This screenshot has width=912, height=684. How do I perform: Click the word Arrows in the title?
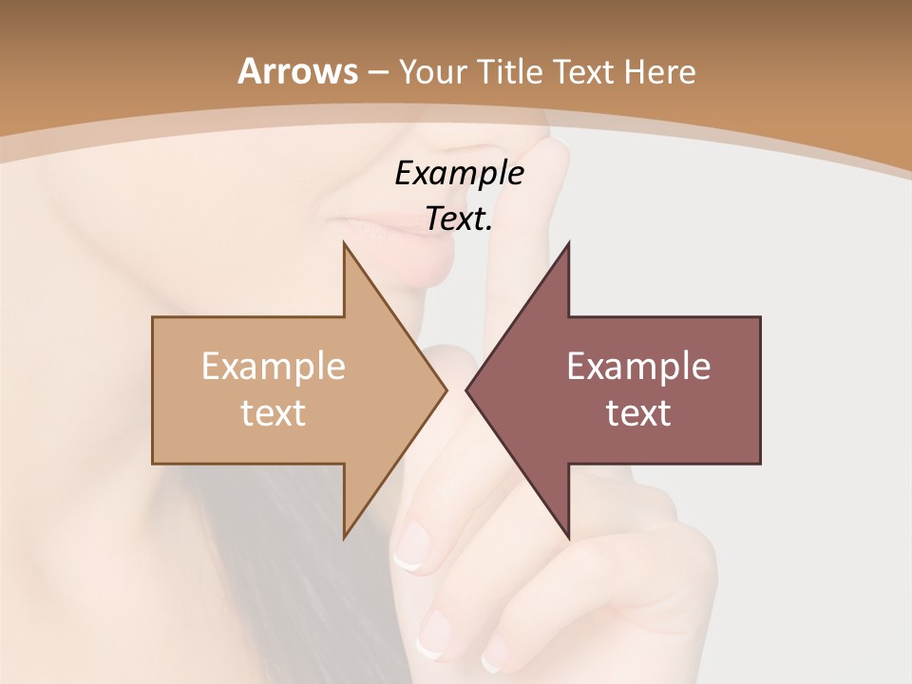tap(297, 71)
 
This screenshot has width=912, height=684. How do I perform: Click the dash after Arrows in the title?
tap(377, 73)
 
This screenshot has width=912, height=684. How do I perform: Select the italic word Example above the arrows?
tap(459, 174)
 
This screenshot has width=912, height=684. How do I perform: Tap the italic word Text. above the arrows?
tap(459, 219)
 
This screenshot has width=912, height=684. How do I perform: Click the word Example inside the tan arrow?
tap(274, 367)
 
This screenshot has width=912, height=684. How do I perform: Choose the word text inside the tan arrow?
tap(274, 413)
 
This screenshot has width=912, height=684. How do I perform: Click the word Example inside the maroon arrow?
tap(638, 367)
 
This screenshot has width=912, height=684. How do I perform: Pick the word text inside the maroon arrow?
tap(638, 413)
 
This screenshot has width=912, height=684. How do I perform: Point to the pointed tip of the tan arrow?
tap(446, 389)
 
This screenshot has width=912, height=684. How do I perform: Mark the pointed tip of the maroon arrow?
tap(466, 389)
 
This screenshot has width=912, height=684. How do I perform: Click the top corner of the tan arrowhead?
tap(344, 243)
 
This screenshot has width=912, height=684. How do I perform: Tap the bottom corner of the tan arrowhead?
tap(344, 537)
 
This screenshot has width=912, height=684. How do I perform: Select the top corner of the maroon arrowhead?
tap(568, 243)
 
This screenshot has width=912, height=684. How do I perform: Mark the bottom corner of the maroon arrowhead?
tap(568, 537)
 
